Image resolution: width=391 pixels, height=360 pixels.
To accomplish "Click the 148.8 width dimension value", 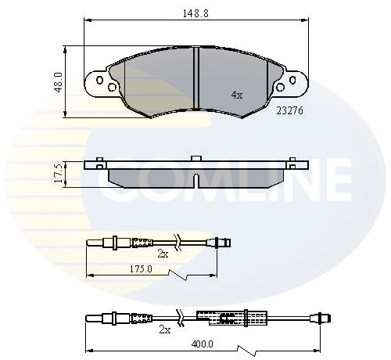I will [195, 14].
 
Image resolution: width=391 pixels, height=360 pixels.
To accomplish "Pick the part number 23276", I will [289, 110].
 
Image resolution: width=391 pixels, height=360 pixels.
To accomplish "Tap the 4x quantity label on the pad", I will [237, 94].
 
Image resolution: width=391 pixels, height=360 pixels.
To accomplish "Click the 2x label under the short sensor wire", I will [163, 254].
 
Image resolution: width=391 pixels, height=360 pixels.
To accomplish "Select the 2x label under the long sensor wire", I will [164, 329].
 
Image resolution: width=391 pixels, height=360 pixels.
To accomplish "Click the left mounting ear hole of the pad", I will [99, 79].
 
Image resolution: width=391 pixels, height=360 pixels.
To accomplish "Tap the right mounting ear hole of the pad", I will [292, 79].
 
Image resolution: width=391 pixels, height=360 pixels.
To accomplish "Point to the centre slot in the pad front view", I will [195, 78].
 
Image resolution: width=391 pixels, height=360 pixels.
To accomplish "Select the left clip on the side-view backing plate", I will [99, 162].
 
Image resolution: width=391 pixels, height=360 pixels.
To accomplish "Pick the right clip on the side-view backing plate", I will [292, 162].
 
